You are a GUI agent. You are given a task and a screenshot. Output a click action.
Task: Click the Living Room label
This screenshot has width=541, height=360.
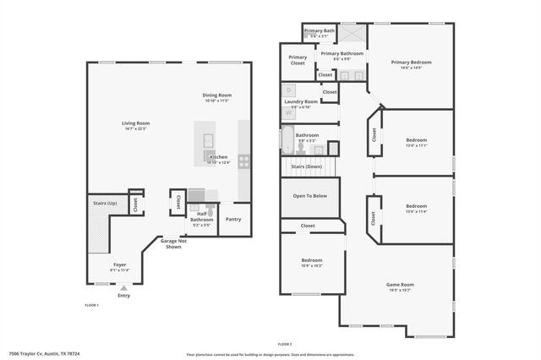[x=135, y=123]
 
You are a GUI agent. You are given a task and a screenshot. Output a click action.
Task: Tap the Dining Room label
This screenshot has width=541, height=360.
[x=216, y=95]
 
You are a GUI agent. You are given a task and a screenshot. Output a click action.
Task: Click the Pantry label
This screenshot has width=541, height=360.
[x=233, y=219]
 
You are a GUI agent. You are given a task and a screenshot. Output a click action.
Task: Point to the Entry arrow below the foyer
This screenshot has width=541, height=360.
[x=123, y=286]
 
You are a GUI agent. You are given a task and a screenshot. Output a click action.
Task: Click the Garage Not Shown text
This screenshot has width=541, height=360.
[x=174, y=243]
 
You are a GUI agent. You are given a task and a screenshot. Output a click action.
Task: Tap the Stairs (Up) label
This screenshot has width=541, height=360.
[x=106, y=204]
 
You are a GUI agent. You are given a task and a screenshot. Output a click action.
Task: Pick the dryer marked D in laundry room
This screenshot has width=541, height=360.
[x=288, y=89]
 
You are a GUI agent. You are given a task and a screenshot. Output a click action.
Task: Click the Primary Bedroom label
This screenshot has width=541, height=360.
[x=411, y=62]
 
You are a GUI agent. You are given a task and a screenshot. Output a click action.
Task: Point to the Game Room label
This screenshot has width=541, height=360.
[x=401, y=285]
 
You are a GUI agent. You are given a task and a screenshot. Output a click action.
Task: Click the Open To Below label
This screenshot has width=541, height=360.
[x=310, y=195]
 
